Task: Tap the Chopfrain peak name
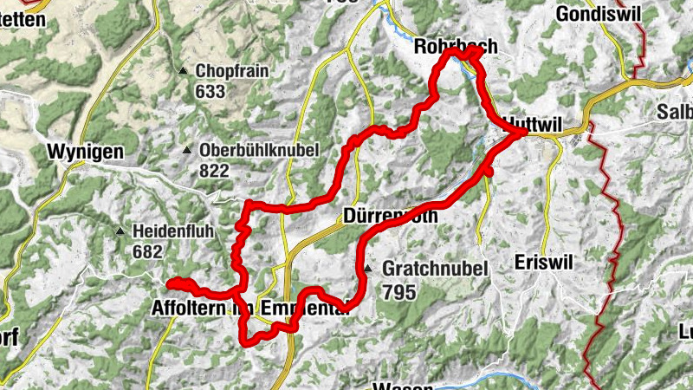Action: [232, 72]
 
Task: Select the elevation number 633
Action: [210, 91]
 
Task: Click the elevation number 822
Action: [214, 171]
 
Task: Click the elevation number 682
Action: [149, 251]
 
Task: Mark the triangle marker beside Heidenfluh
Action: [120, 231]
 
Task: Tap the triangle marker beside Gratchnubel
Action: [368, 270]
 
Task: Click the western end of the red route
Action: [170, 283]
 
